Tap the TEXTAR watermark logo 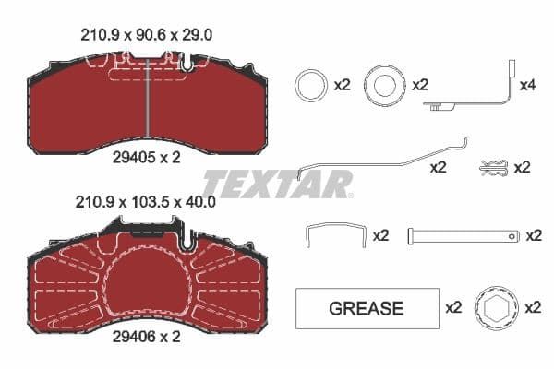coord(277,183)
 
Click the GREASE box coord(367,308)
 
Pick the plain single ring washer coord(309,86)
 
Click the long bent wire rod coord(383,159)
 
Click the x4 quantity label coord(527,85)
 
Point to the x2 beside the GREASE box coord(453,308)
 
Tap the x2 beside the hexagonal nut coord(533,308)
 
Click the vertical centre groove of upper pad coord(148,101)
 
